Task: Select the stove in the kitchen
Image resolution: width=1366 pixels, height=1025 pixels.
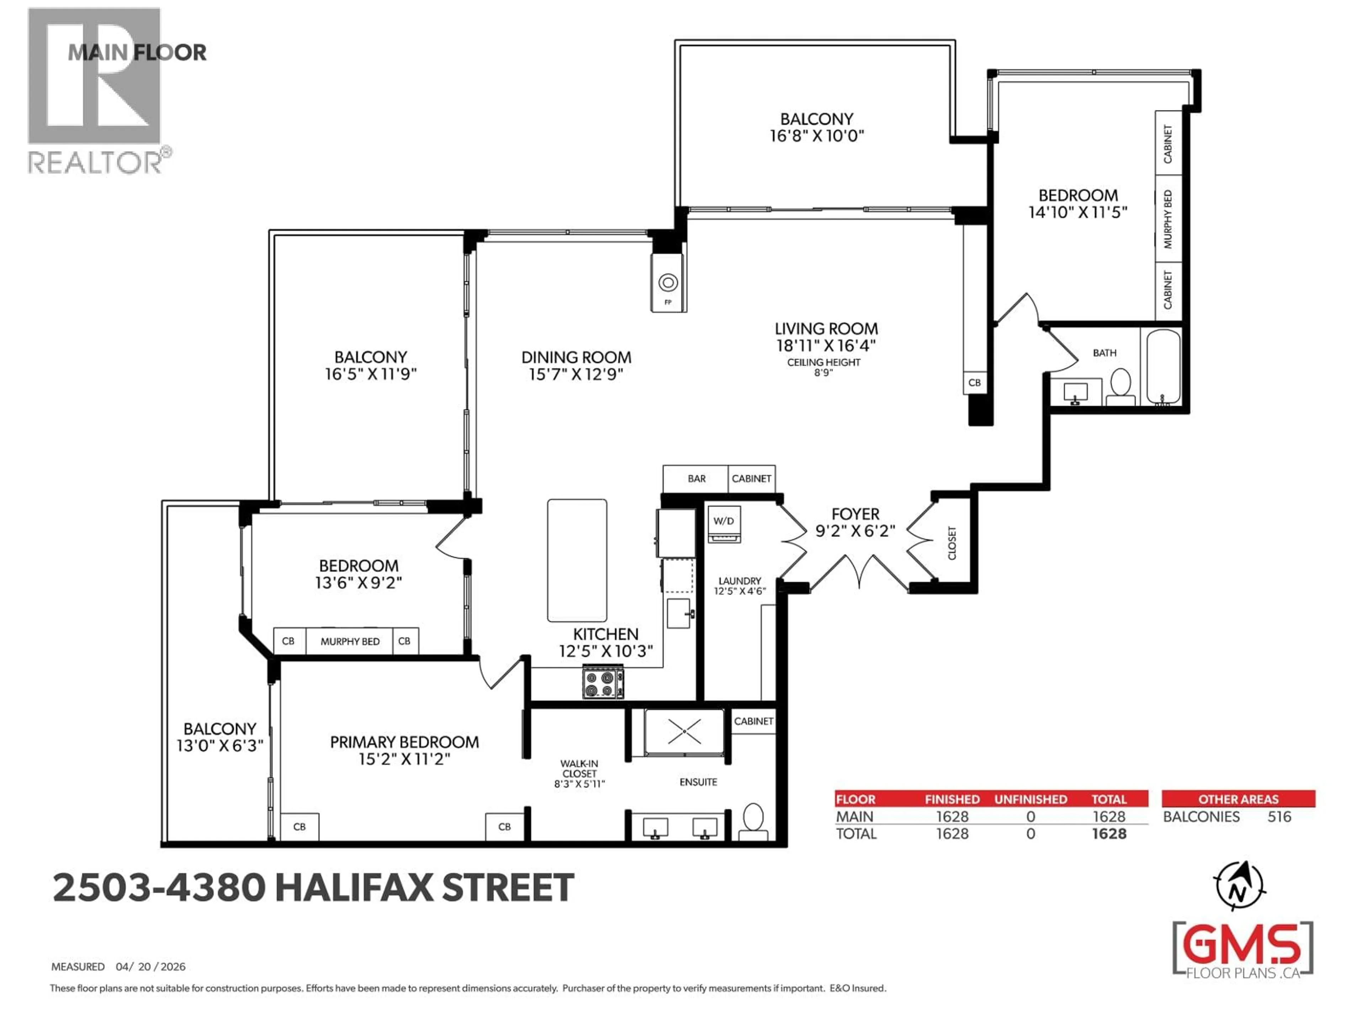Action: click(603, 683)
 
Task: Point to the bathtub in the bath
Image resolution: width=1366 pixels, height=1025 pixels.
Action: click(1164, 367)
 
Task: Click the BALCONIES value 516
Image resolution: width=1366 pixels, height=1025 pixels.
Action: click(1279, 817)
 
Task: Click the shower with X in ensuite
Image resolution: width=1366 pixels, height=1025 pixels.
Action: click(684, 732)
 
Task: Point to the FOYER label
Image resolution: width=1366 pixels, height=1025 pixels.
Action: click(855, 514)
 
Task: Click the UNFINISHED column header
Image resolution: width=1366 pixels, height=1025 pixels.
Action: click(1030, 799)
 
